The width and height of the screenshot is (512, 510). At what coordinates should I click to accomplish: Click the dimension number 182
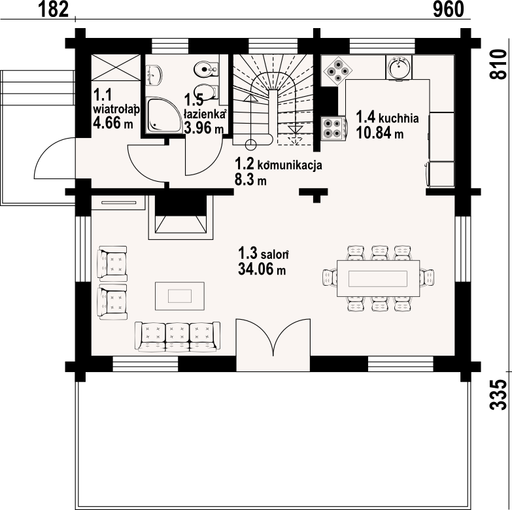pyautogui.click(x=54, y=9)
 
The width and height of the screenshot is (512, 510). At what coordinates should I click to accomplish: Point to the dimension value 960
pyautogui.click(x=449, y=9)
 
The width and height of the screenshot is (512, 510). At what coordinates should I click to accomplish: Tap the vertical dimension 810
pyautogui.click(x=498, y=63)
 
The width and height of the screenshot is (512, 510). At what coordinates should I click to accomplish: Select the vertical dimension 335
pyautogui.click(x=498, y=394)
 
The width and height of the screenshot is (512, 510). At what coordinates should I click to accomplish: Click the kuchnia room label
pyautogui.click(x=399, y=118)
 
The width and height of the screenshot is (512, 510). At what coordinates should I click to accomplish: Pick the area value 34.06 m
pyautogui.click(x=262, y=269)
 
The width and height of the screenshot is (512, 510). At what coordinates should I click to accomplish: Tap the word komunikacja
pyautogui.click(x=290, y=165)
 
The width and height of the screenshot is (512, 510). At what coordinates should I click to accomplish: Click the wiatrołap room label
pyautogui.click(x=116, y=109)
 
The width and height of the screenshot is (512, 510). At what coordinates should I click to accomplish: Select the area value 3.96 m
pyautogui.click(x=204, y=127)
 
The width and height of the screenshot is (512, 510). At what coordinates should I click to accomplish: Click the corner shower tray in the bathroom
pyautogui.click(x=163, y=114)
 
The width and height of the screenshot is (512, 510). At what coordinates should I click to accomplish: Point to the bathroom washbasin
pyautogui.click(x=154, y=75)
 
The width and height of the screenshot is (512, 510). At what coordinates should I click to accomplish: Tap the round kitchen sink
pyautogui.click(x=399, y=67)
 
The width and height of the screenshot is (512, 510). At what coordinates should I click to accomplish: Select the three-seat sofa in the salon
pyautogui.click(x=177, y=337)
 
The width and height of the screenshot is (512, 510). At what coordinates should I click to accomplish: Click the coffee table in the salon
pyautogui.click(x=180, y=296)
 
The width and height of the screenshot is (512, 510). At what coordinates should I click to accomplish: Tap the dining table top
pyautogui.click(x=378, y=278)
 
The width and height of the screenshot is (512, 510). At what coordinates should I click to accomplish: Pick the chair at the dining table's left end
pyautogui.click(x=330, y=277)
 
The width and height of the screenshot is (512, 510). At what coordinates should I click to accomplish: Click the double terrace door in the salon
pyautogui.click(x=273, y=345)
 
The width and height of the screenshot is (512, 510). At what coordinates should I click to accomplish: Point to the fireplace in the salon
pyautogui.click(x=181, y=217)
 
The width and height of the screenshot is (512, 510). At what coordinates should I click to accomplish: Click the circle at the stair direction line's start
pyautogui.click(x=251, y=144)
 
